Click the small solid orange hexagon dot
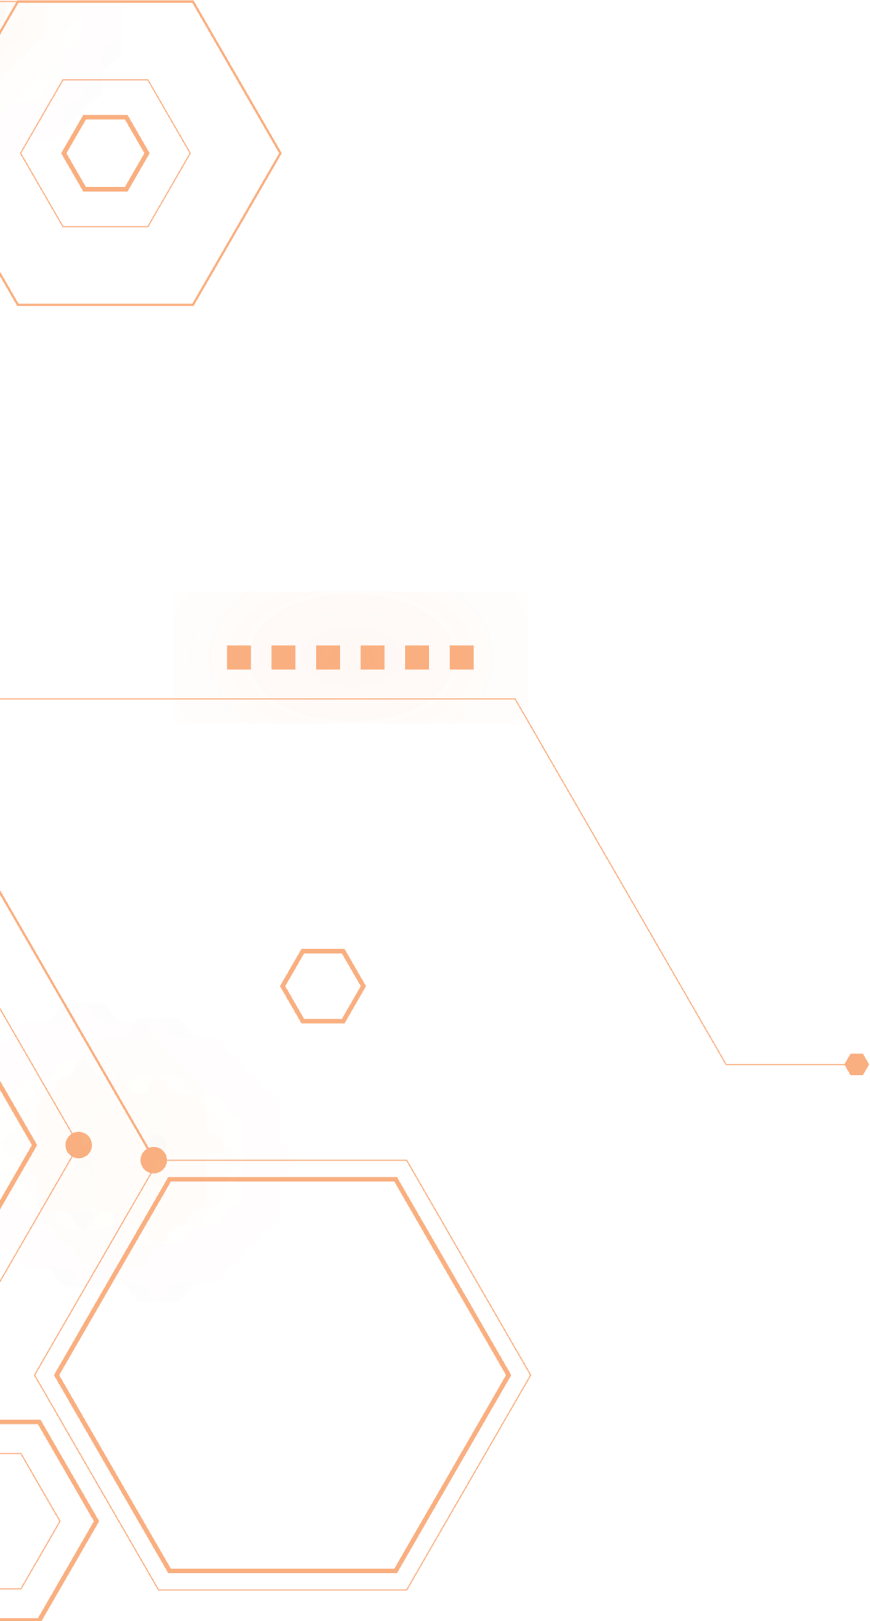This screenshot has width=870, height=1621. click(857, 1064)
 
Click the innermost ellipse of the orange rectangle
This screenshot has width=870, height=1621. click(351, 658)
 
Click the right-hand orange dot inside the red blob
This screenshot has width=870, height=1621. click(153, 1160)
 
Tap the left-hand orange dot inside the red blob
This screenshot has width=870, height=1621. click(78, 1145)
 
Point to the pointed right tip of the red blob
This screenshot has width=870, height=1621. click(297, 1160)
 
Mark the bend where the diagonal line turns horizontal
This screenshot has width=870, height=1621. click(726, 1064)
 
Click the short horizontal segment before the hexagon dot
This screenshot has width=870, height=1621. click(785, 1064)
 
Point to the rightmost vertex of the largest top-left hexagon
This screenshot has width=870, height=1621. click(281, 153)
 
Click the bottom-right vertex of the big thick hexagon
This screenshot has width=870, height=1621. click(395, 1570)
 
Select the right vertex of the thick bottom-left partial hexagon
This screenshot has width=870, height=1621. click(97, 1521)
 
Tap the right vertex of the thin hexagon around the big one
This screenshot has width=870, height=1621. click(531, 1375)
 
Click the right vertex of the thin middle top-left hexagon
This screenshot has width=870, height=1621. click(190, 153)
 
